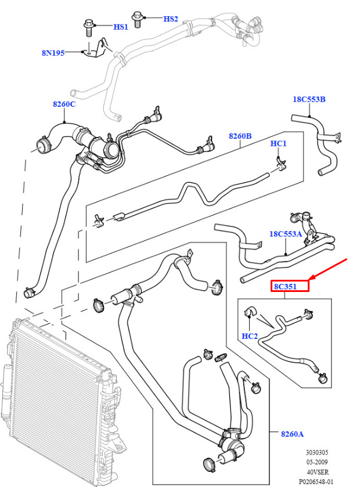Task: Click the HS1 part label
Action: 121,27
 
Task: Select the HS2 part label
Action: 171,19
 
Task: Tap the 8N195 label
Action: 53,53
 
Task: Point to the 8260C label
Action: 64,104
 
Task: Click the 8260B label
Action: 240,136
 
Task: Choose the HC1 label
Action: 278,143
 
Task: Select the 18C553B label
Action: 309,99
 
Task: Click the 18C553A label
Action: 286,234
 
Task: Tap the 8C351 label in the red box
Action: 285,286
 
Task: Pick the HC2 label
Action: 250,336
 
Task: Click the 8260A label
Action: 292,434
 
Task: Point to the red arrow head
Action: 312,278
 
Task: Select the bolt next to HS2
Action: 137,20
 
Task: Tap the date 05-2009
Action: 317,462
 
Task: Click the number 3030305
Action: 317,453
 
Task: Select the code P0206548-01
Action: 316,482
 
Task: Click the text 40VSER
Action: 318,472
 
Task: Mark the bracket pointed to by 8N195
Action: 99,49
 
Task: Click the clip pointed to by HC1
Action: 281,164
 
